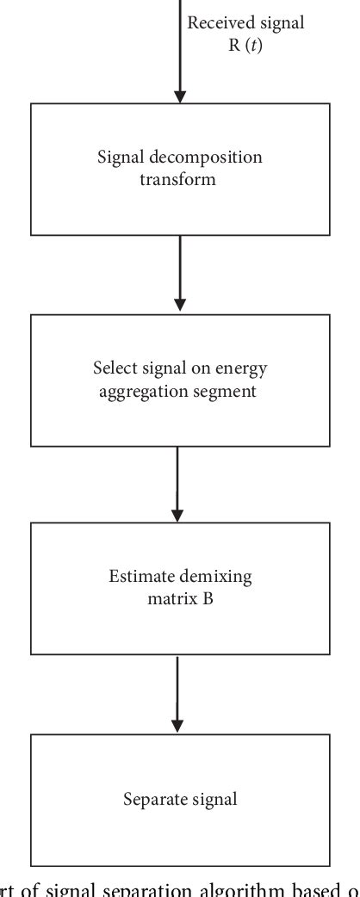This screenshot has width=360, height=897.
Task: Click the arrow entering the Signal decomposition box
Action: tap(180, 52)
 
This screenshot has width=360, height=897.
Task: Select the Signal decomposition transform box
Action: tap(180, 169)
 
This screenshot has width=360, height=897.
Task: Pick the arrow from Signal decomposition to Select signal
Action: tap(180, 274)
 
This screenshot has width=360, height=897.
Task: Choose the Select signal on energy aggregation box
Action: tap(180, 380)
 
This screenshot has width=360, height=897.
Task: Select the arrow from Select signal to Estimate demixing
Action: tap(177, 484)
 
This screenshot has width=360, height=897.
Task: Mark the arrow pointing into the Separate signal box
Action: tap(178, 694)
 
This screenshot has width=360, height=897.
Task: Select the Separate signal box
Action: tap(180, 800)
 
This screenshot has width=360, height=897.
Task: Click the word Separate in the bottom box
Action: tap(153, 800)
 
